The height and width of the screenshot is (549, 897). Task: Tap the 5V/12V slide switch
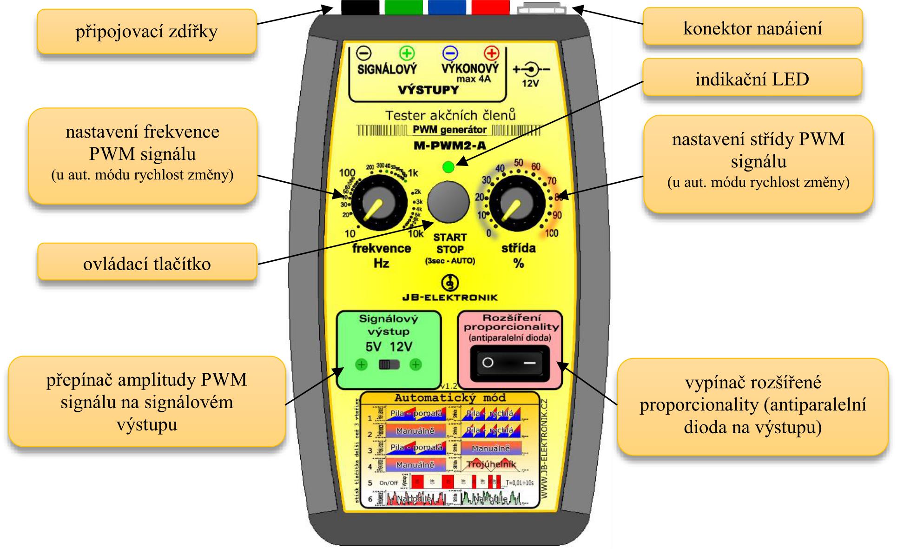click(389, 365)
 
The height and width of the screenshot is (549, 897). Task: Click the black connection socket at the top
click(360, 7)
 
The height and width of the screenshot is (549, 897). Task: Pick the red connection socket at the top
click(490, 7)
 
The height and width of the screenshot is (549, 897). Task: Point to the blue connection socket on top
click(447, 7)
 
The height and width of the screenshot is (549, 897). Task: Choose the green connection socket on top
click(403, 7)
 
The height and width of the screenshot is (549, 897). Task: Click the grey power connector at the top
click(541, 8)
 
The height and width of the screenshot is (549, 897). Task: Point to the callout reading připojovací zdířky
click(147, 32)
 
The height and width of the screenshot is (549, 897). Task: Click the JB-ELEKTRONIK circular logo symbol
click(449, 282)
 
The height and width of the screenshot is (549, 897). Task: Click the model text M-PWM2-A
click(449, 146)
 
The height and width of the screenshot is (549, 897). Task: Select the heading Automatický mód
click(449, 398)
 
